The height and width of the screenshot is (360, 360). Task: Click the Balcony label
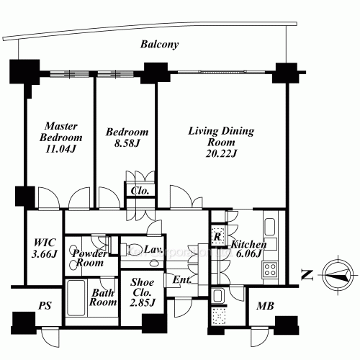pos(159,45)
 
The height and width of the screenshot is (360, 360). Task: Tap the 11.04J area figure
pos(60,149)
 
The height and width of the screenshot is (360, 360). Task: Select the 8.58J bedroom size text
pos(127,143)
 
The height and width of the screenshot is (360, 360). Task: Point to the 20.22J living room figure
pos(221,153)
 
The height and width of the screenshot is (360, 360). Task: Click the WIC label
pos(45,243)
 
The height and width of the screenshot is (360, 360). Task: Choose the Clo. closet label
pos(140,191)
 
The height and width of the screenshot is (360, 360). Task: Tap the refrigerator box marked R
pos(217,236)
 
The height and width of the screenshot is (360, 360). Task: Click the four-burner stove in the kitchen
pos(270,269)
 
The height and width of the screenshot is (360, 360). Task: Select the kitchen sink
pos(270,227)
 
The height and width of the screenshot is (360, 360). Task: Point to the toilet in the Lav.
pos(129,250)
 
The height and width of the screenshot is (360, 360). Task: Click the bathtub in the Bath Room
pos(76,297)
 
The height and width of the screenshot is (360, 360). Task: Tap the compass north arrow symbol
pos(338,274)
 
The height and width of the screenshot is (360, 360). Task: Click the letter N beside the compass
pos(307,275)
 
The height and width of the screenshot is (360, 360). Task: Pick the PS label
pos(45,306)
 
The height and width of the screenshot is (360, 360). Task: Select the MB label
pos(265,306)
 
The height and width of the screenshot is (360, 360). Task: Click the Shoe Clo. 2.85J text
pos(143,292)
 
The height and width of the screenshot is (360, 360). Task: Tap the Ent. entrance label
pos(182,280)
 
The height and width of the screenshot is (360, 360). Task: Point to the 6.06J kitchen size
pos(248,253)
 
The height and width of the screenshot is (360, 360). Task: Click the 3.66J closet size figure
pos(45,253)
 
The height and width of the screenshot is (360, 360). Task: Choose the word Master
pos(61,126)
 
